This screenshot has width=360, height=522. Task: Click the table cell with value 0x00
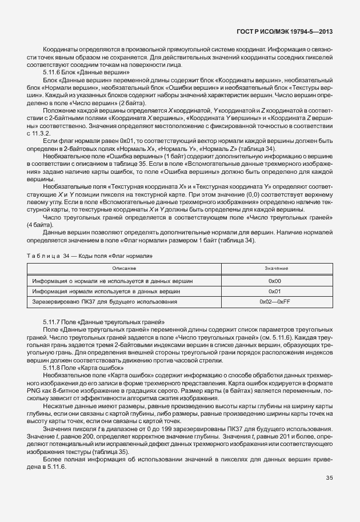pyautogui.click(x=275, y=281)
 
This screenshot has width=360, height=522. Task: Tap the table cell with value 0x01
pyautogui.click(x=275, y=291)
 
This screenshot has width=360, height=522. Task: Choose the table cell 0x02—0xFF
pyautogui.click(x=275, y=301)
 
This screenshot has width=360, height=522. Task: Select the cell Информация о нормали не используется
pyautogui.click(x=112, y=281)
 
